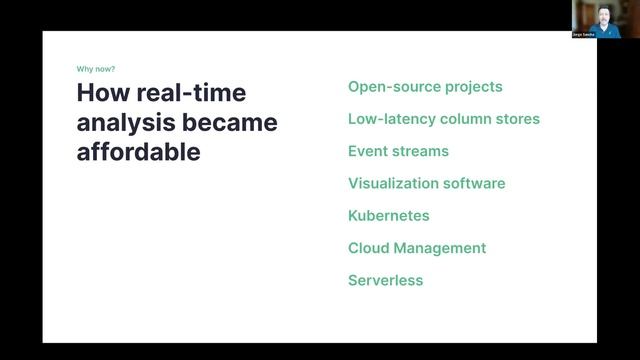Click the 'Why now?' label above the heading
click(x=95, y=69)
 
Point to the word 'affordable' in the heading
click(x=138, y=153)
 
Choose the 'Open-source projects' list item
click(x=425, y=87)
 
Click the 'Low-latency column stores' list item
click(x=443, y=119)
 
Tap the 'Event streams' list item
click(x=398, y=151)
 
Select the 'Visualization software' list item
click(x=426, y=183)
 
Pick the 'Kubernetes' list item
click(x=388, y=216)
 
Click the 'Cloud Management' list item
click(x=416, y=248)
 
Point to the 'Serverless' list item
click(x=385, y=280)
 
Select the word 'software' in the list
click(x=472, y=183)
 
